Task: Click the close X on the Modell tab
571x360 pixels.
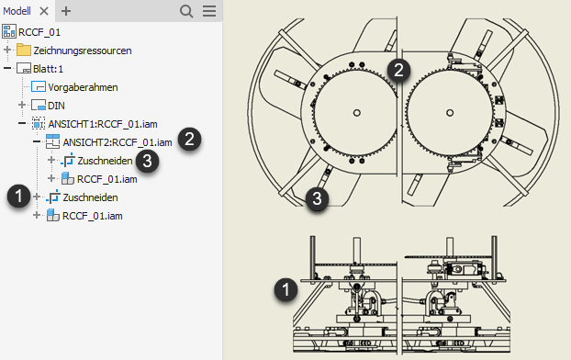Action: pos(44,11)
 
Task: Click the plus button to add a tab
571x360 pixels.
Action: pos(66,11)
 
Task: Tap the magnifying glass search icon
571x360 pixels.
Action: pos(186,11)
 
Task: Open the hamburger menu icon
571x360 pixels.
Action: pos(209,11)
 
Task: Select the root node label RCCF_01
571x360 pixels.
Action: pos(39,32)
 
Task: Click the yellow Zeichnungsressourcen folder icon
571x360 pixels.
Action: pos(24,50)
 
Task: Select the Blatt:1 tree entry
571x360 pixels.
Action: pos(48,69)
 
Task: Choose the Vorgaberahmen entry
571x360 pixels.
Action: pos(83,87)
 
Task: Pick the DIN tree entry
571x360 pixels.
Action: pos(56,106)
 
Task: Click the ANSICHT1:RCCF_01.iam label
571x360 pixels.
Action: pos(103,124)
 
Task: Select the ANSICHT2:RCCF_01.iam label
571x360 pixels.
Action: pos(118,142)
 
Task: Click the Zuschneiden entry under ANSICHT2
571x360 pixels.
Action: pos(105,161)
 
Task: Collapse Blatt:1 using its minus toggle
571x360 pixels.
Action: pos(7,68)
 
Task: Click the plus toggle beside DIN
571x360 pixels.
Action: pos(22,105)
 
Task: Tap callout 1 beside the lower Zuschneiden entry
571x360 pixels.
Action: pos(19,196)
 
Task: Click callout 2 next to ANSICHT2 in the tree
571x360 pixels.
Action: pos(189,140)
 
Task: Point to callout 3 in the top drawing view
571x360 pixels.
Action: pos(318,199)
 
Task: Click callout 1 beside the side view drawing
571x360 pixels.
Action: pos(285,290)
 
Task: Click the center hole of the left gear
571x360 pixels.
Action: pos(357,113)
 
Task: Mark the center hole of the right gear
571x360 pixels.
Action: pos(450,113)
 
